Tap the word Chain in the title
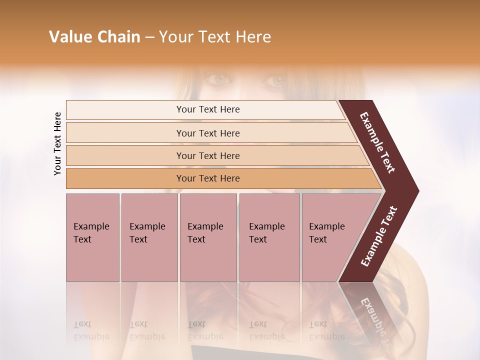click(x=118, y=37)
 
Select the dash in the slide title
click(x=149, y=37)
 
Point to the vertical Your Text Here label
click(x=57, y=143)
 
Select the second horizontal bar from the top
click(x=208, y=133)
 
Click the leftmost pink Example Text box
click(x=92, y=237)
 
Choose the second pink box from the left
click(x=149, y=237)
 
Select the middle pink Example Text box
click(x=208, y=237)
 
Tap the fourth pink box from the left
click(x=269, y=237)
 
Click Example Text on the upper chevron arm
click(x=377, y=142)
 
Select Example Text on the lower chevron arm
click(x=378, y=236)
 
